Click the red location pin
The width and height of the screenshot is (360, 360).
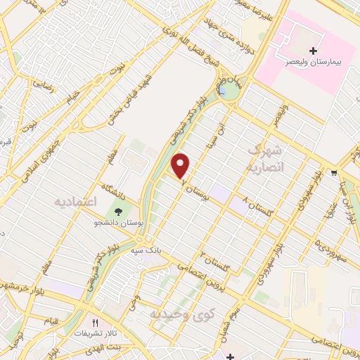click(x=181, y=166)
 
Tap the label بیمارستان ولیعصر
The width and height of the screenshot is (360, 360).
click(x=314, y=63)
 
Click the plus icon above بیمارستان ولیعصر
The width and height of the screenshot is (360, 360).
click(x=314, y=51)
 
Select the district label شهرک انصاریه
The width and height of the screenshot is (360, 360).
click(x=265, y=159)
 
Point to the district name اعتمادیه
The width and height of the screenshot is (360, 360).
click(x=74, y=202)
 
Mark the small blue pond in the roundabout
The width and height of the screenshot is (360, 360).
click(x=223, y=91)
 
